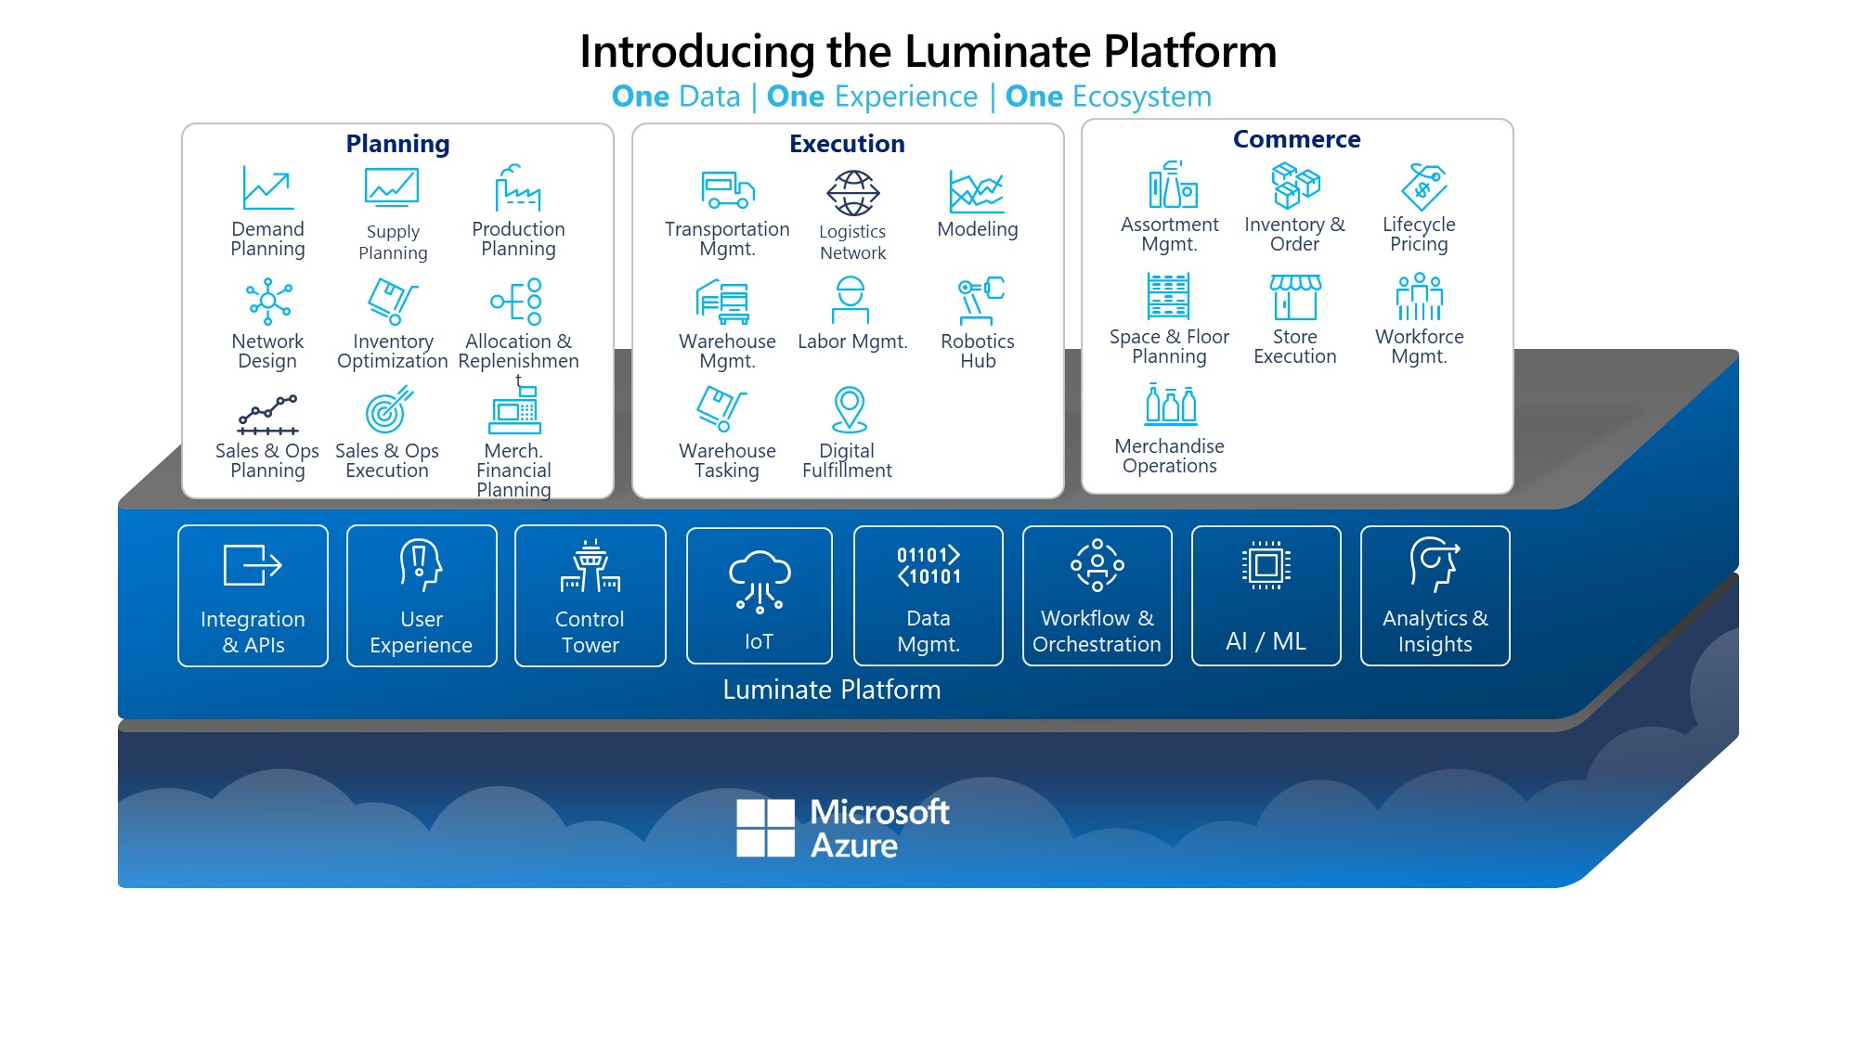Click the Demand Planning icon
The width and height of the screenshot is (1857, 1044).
coord(267,188)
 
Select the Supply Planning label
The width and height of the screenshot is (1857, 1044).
coord(393,242)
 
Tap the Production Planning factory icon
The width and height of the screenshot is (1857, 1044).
coord(517,188)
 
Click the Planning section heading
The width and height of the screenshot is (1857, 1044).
coord(397,144)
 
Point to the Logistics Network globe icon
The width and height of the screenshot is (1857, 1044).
coord(852,193)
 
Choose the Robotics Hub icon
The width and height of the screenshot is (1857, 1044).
coord(980,300)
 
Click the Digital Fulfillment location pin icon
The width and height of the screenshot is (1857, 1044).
coord(849,409)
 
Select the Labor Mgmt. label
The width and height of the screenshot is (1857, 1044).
coord(852,342)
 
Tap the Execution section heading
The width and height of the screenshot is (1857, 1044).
coord(847,144)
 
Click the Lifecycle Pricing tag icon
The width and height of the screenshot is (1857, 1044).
coord(1423,187)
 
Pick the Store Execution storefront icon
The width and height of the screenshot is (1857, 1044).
coord(1295,296)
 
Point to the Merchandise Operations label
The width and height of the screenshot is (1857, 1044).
coord(1169,456)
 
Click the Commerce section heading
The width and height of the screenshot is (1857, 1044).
coord(1296,139)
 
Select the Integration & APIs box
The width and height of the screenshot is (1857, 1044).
coord(253,596)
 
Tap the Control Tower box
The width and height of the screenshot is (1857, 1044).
coord(590,596)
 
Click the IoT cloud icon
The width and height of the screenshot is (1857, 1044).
coord(760,581)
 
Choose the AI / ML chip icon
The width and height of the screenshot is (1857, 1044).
coord(1266,565)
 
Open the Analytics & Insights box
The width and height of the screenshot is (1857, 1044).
coord(1435,596)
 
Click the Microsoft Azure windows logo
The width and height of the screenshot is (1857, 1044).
coord(765,828)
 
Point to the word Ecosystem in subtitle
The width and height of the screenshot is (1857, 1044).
coord(1141,97)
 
